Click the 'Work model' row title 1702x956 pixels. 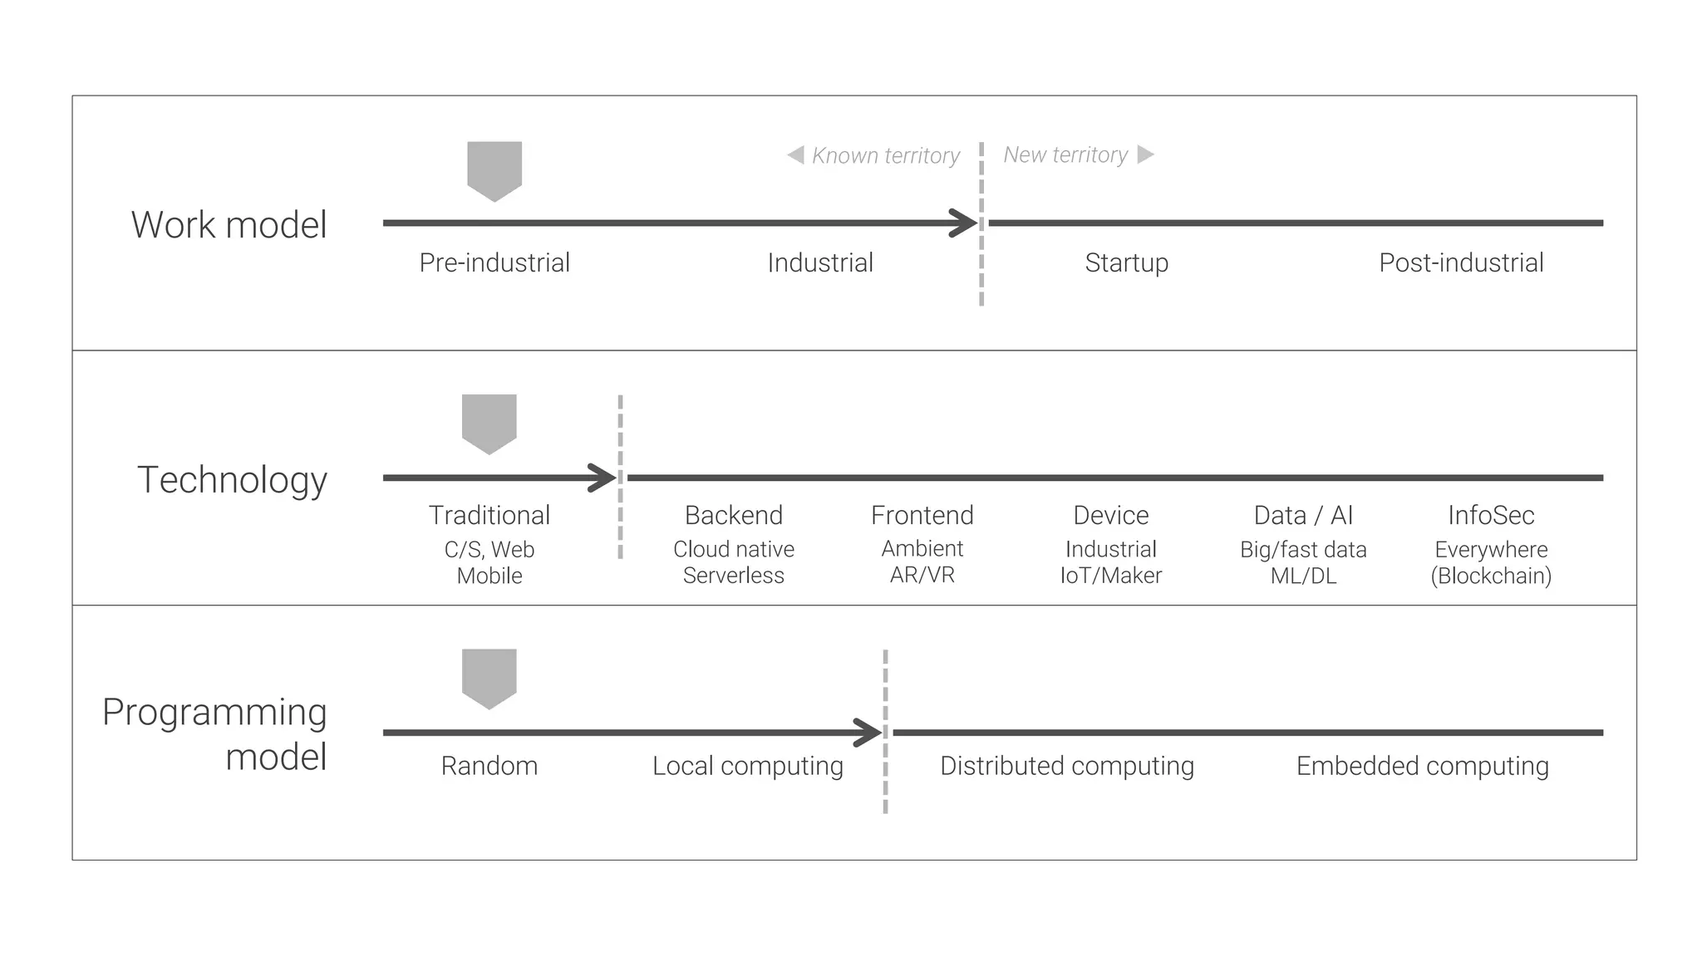229,225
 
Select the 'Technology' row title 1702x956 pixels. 232,480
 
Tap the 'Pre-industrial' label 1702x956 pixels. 494,262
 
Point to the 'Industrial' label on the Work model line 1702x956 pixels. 820,262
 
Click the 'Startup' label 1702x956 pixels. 1126,262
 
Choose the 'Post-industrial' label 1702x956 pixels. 1461,262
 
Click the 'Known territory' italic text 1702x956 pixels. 885,155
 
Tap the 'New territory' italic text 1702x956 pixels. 1065,154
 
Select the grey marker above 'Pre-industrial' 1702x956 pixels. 494,169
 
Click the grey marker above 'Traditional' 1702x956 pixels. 489,422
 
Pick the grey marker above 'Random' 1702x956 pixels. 489,677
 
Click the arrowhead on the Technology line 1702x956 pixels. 604,478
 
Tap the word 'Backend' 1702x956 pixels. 734,515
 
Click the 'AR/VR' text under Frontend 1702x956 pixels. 922,575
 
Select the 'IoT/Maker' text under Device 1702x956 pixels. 1110,575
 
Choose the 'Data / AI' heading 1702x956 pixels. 1303,515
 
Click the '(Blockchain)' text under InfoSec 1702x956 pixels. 1491,576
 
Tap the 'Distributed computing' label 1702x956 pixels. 1066,766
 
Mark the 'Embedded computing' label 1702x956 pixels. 1422,766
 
